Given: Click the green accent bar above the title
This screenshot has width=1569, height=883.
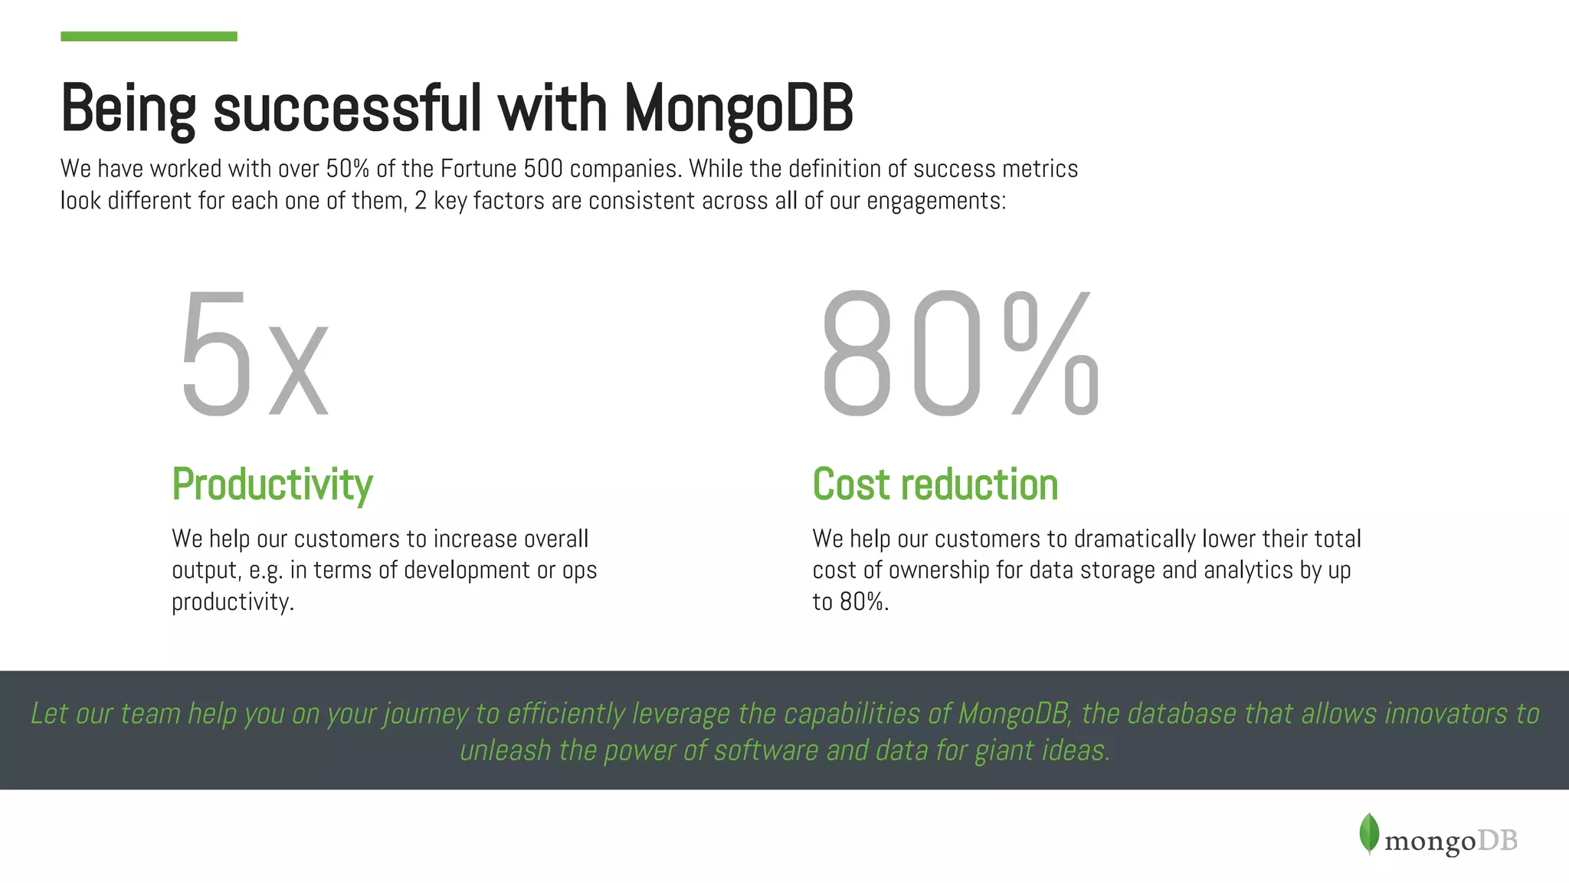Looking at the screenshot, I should coord(149,36).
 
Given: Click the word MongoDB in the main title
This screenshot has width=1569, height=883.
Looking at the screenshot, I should coord(738,109).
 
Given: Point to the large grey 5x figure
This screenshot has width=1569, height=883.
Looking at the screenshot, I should coord(254,354).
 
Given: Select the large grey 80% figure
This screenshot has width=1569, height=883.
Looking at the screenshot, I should coord(959,354).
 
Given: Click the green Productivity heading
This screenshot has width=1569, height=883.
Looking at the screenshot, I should coord(272,484).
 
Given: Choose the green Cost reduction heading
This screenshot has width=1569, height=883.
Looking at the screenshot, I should coord(935,484).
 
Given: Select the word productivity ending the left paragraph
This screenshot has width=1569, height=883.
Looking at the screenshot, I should coord(231,602).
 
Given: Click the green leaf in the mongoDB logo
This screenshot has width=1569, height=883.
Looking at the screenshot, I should coord(1369,834).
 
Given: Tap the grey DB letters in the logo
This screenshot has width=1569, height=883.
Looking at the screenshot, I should coord(1497,841).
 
